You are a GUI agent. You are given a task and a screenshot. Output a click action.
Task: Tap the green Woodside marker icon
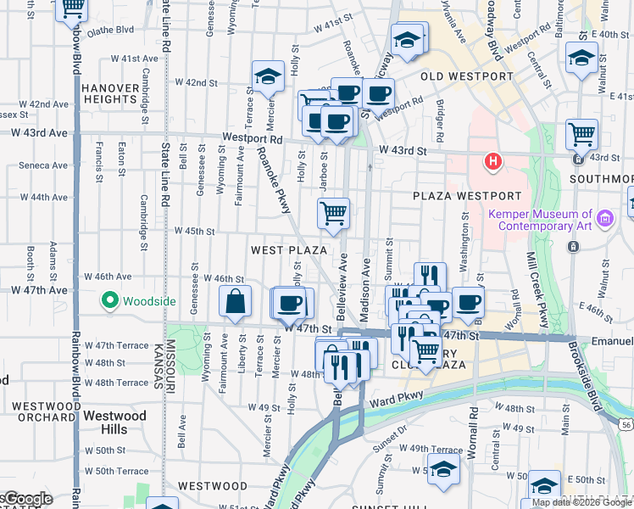pos(109,300)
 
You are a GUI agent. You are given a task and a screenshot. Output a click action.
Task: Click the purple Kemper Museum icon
pos(604,220)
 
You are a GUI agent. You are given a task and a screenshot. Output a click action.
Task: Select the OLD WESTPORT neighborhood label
pos(467,76)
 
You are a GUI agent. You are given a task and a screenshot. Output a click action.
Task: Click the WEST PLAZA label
pos(289,250)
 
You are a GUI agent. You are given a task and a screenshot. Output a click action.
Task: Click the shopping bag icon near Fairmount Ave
pos(236,301)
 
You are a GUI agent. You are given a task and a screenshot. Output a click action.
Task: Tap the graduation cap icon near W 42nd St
pos(268,76)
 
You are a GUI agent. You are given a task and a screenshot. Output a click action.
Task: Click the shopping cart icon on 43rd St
pos(581,133)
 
